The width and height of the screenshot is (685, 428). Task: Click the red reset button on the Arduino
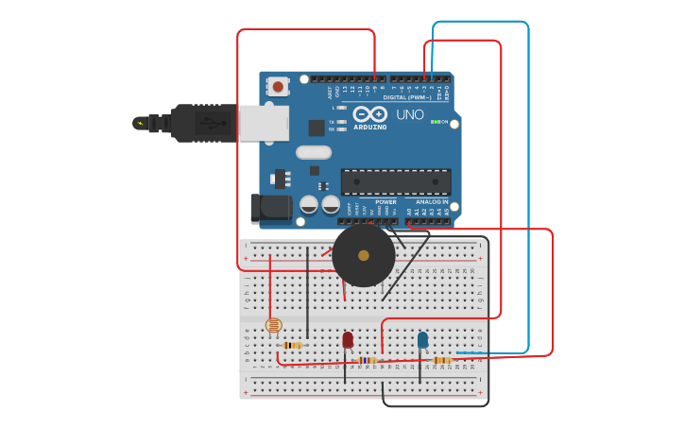[278, 87]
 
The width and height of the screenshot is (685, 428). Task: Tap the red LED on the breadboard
[348, 339]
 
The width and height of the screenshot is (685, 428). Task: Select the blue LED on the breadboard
[422, 340]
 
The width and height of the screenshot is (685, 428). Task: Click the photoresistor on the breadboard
[273, 325]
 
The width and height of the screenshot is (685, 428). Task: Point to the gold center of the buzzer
[364, 255]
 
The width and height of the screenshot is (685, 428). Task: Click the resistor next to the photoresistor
[293, 345]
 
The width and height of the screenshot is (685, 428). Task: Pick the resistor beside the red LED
[368, 360]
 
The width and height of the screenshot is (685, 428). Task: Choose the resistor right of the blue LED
[441, 360]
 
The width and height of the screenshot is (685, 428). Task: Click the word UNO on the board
[410, 114]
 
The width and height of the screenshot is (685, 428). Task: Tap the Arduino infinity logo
[369, 114]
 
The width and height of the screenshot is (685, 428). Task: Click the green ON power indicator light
[434, 122]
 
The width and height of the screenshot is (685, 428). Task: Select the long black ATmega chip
[396, 181]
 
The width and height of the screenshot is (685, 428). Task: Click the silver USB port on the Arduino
[264, 123]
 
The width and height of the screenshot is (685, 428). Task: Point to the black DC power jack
[270, 209]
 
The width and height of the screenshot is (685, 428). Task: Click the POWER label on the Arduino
[385, 201]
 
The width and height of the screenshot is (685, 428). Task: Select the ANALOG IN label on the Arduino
[431, 201]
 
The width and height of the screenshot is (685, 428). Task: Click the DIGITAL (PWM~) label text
[407, 97]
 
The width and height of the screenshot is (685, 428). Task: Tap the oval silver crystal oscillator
[314, 152]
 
